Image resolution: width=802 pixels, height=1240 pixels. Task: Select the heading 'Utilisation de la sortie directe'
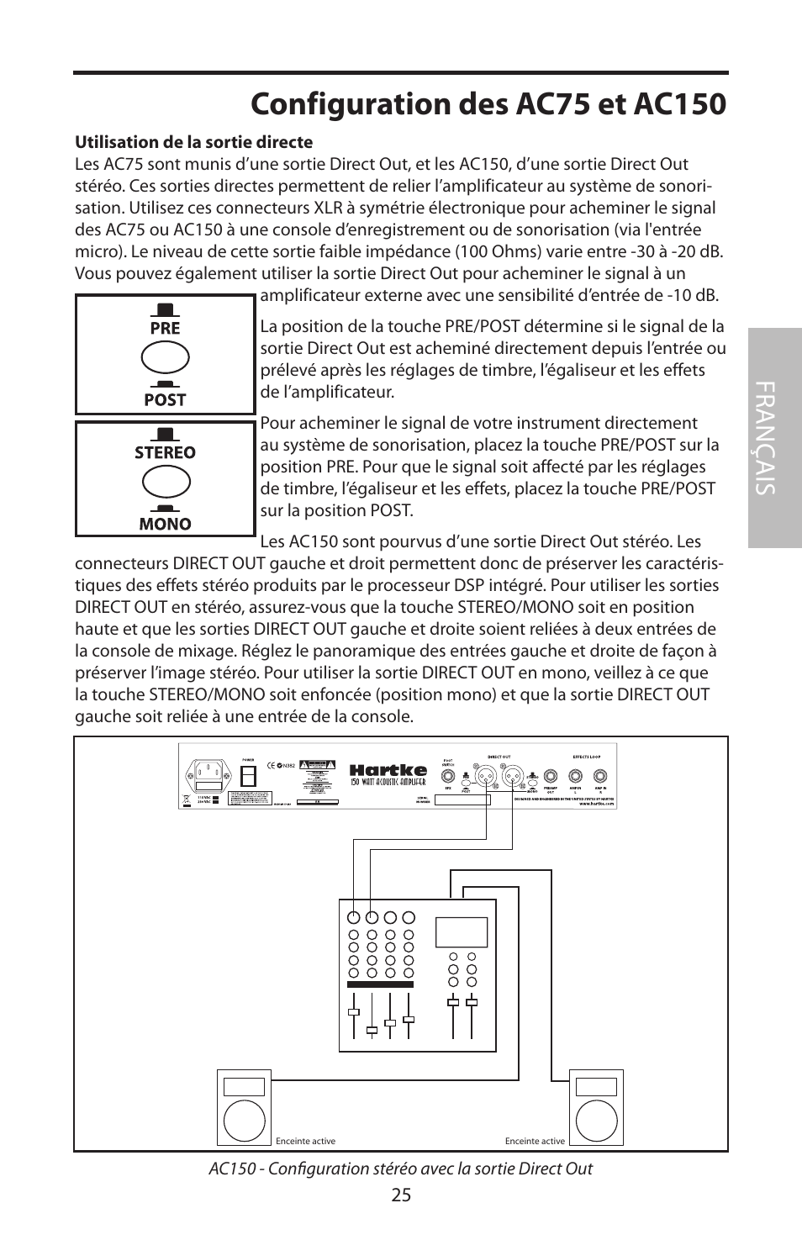click(x=193, y=142)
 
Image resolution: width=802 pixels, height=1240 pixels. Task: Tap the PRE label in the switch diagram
click(x=165, y=328)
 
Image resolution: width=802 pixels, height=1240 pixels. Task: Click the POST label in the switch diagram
click(x=165, y=400)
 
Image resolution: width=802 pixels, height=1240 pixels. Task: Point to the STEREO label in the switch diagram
click(x=165, y=452)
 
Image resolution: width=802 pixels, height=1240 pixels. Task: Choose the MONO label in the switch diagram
click(x=165, y=524)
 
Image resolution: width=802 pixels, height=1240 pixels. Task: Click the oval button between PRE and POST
click(x=165, y=359)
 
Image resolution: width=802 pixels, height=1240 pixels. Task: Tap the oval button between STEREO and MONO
click(x=165, y=483)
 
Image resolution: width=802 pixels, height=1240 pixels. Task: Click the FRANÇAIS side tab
click(x=774, y=438)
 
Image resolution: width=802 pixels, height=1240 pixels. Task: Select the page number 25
click(x=401, y=1195)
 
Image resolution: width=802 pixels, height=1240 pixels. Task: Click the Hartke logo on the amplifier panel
click(x=388, y=769)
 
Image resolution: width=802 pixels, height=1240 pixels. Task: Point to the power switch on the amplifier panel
click(x=248, y=772)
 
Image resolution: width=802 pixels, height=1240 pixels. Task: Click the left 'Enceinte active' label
click(x=305, y=1141)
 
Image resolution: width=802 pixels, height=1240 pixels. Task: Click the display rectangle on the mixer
click(x=462, y=931)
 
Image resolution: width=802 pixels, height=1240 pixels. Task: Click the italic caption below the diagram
click(x=400, y=1169)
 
